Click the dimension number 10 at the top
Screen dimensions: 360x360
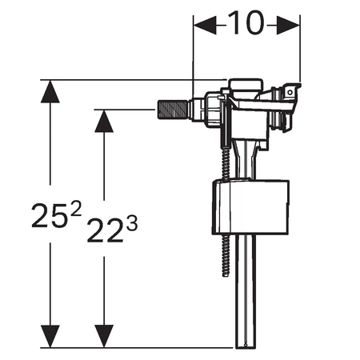click(x=246, y=23)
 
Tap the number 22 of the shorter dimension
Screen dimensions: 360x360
click(x=105, y=230)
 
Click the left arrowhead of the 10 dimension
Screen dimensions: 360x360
click(x=205, y=25)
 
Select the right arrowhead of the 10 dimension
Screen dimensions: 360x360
click(x=288, y=25)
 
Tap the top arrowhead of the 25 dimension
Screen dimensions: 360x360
click(x=50, y=91)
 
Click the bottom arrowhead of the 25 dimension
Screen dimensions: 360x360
click(x=50, y=336)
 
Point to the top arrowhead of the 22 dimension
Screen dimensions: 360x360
click(x=104, y=121)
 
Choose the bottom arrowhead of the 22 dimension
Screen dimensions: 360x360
click(x=104, y=336)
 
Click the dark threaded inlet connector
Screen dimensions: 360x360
click(x=174, y=109)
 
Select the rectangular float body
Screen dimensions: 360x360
click(x=250, y=207)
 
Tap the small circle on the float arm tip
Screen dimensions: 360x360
click(x=290, y=93)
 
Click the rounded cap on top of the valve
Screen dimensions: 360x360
click(x=246, y=86)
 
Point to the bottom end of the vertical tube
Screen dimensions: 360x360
click(x=246, y=346)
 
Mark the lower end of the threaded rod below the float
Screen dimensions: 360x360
click(x=226, y=274)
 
